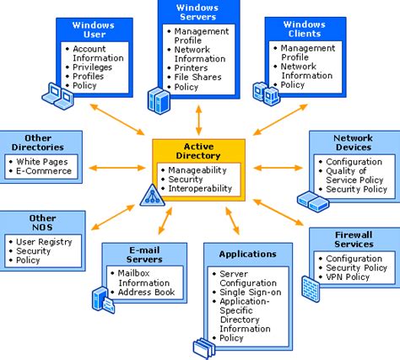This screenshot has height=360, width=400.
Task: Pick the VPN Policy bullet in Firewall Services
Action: coord(347,277)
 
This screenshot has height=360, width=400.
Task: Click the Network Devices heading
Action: coord(353,141)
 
